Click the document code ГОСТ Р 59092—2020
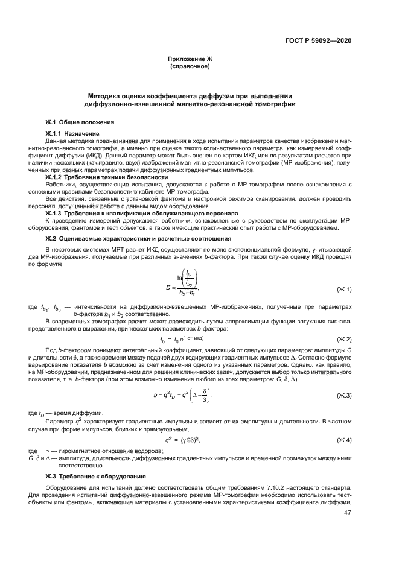pyautogui.click(x=318, y=40)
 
